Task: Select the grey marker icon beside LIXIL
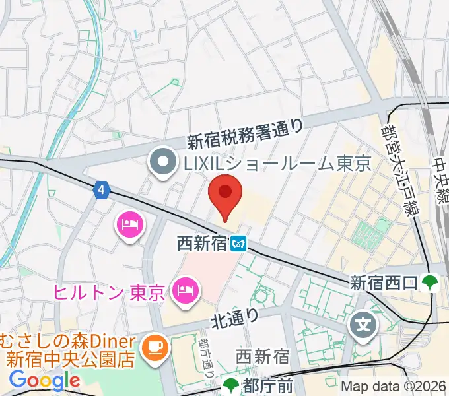point(162,162)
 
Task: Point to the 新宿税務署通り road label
point(245,133)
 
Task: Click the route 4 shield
point(100,190)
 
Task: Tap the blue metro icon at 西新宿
point(240,245)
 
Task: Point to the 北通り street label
point(232,319)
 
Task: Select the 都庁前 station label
point(265,384)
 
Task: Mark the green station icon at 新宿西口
point(431,282)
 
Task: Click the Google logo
point(44,380)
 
